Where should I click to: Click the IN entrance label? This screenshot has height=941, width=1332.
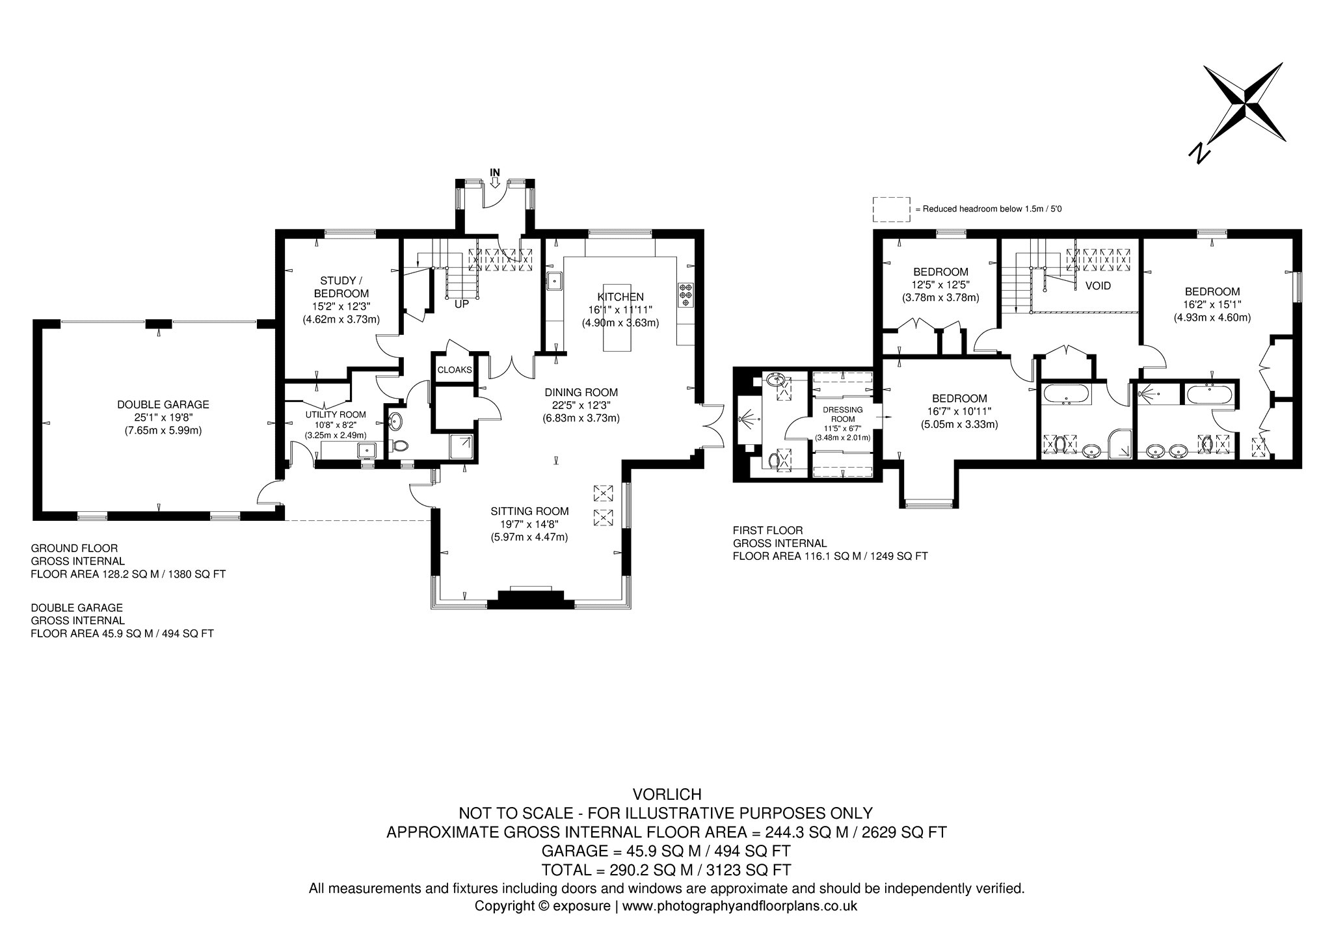coord(495,172)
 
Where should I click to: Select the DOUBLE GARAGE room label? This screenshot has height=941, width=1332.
coord(163,404)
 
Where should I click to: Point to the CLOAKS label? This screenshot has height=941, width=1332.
coord(455,370)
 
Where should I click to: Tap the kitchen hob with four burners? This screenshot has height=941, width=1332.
coord(686,295)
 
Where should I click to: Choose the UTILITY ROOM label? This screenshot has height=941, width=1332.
coord(336,414)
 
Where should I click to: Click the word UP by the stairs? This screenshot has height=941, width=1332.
coord(461,304)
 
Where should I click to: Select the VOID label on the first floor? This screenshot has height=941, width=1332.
coord(1098,286)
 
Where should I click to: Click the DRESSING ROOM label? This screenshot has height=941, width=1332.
coord(843,414)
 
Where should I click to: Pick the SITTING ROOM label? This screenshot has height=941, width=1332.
coord(530,511)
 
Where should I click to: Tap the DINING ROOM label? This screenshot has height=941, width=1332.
coord(581,392)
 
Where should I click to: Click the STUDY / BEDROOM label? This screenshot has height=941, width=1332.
coord(341,287)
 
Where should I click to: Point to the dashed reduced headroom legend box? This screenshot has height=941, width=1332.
coord(891,209)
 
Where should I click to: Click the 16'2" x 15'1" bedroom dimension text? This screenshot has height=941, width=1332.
coord(1212,305)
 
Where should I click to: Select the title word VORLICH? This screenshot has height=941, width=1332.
coord(667,794)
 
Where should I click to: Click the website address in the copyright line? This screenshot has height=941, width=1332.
coord(740,905)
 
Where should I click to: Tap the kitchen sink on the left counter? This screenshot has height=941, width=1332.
coord(554,281)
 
